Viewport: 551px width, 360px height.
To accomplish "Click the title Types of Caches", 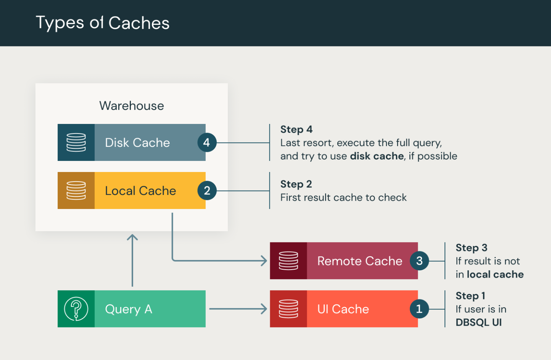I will coord(102,23).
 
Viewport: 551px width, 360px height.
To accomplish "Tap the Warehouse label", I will coord(131,106).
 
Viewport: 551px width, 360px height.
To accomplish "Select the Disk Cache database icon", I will coord(76,142).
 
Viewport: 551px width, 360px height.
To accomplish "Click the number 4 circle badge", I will coord(206,143).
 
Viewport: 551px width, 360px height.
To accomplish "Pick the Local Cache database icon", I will coord(76,190).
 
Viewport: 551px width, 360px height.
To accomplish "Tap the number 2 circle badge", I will coord(206,191).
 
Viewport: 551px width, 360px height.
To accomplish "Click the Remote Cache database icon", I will coord(288,261).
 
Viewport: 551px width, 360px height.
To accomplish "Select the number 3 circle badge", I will coord(419,261).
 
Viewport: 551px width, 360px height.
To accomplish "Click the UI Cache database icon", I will coord(288,309).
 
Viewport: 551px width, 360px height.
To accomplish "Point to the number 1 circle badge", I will coord(419,309).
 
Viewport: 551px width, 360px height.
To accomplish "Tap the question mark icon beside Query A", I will coord(76,309).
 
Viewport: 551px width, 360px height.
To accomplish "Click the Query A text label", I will coord(129,309).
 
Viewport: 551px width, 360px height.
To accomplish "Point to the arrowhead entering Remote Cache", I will coord(264,261).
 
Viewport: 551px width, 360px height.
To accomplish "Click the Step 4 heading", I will coord(296,129).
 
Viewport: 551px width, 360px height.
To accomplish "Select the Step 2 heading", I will coord(296,184).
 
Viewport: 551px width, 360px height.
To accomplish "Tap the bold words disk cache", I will coord(377,156).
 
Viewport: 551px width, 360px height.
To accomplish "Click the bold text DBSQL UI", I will coord(478,322).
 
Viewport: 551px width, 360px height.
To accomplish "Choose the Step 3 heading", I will coord(471,248).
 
